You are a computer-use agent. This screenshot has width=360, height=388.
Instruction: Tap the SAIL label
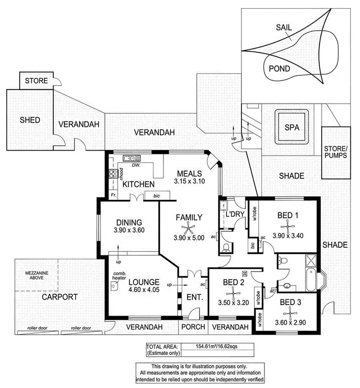point(284,28)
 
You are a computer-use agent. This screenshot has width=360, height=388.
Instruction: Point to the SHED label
point(29,119)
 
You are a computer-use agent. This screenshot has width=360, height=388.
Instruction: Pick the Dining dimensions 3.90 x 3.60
point(129,230)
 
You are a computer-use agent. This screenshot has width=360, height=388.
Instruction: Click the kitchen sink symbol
point(130,158)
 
